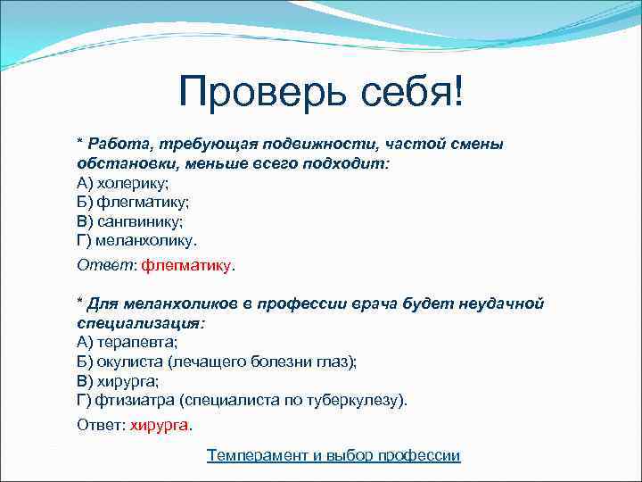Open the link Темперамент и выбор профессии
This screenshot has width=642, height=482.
pyautogui.click(x=333, y=455)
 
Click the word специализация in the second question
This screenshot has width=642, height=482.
pyautogui.click(x=138, y=322)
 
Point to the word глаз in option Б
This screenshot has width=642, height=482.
pyautogui.click(x=338, y=361)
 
